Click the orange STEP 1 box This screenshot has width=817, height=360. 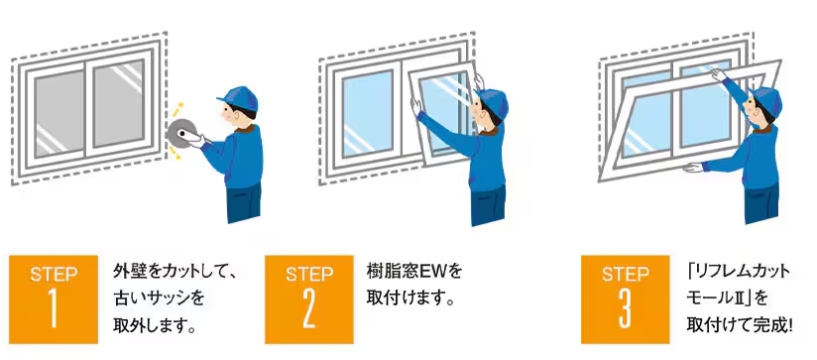pos(54,300)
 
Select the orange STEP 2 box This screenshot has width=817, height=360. pos(309,300)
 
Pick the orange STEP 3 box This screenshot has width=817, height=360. pos(626,300)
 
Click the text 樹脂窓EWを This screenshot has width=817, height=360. pos(414,272)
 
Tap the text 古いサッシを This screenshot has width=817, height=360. pos(159,300)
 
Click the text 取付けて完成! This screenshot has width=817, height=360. pos(740,326)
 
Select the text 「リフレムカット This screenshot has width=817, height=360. pos(739,272)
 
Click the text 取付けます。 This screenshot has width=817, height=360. pos(411,300)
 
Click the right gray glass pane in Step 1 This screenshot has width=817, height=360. pos(119,104)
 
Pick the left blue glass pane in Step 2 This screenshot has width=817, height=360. pos(368,114)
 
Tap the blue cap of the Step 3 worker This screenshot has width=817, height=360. pos(765,99)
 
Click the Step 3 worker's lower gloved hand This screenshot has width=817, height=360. pos(692,168)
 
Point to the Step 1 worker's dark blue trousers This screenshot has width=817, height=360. pos(244,202)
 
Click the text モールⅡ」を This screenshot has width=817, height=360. pos(727,300)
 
